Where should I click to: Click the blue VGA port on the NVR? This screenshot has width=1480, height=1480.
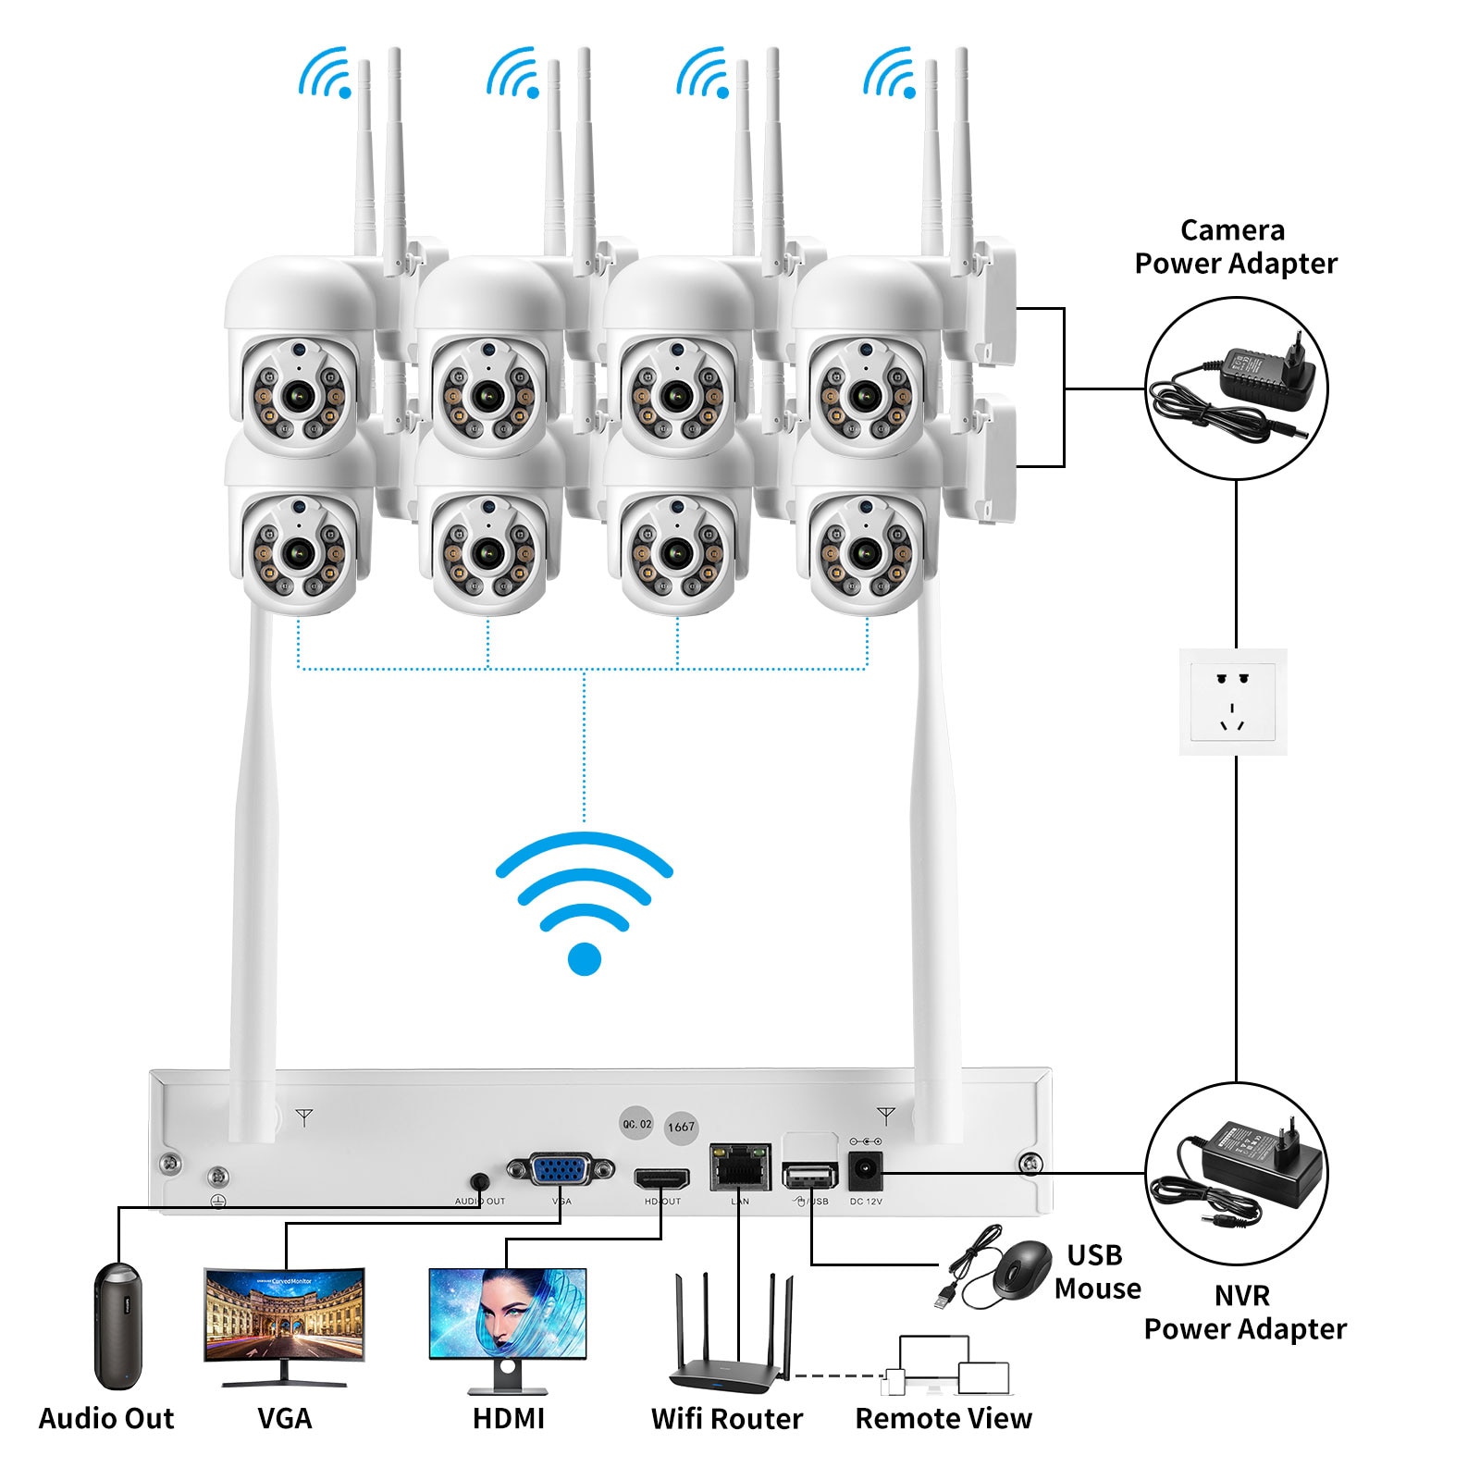click(561, 1171)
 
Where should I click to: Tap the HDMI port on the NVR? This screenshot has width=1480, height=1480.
click(661, 1179)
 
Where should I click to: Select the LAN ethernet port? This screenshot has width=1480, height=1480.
click(740, 1168)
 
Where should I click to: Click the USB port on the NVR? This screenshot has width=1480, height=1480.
click(809, 1175)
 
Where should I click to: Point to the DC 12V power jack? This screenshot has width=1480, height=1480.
click(866, 1171)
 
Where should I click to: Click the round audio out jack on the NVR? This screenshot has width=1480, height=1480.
click(479, 1182)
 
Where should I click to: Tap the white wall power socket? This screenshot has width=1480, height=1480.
click(1232, 701)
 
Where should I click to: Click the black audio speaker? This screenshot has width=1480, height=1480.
click(118, 1325)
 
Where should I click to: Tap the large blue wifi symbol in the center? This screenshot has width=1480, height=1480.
click(584, 902)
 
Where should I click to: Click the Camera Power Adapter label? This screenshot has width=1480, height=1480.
click(1235, 247)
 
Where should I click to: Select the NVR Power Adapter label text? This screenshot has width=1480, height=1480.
click(1244, 1312)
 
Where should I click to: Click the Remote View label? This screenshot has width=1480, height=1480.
click(943, 1418)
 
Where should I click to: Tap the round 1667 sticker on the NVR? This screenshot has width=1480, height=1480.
click(681, 1127)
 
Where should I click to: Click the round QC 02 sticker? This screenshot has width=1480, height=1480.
click(636, 1124)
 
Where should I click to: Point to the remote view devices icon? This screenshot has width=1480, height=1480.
click(948, 1365)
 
